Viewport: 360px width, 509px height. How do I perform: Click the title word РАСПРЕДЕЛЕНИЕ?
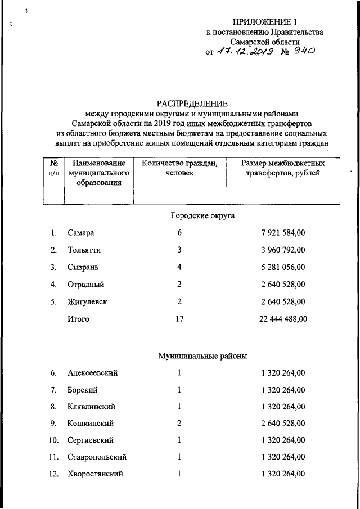click(x=193, y=103)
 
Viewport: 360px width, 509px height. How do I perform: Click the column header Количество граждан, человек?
click(x=179, y=168)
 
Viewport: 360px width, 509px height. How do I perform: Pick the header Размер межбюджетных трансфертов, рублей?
click(x=283, y=168)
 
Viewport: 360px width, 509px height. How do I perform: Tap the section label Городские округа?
click(x=202, y=215)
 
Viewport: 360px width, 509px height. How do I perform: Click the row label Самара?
click(x=80, y=233)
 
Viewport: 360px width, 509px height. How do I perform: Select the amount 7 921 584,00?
click(x=283, y=233)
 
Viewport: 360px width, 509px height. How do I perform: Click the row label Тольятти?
click(x=84, y=250)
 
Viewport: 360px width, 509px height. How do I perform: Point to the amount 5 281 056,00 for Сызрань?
click(x=283, y=267)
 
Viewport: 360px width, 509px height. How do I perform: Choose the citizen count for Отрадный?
click(x=179, y=285)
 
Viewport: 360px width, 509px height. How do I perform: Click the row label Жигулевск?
click(x=87, y=302)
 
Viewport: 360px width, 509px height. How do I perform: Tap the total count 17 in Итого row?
click(x=179, y=319)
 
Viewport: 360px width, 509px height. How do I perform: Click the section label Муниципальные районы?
click(x=202, y=355)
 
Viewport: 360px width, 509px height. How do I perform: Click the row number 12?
click(x=54, y=474)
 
